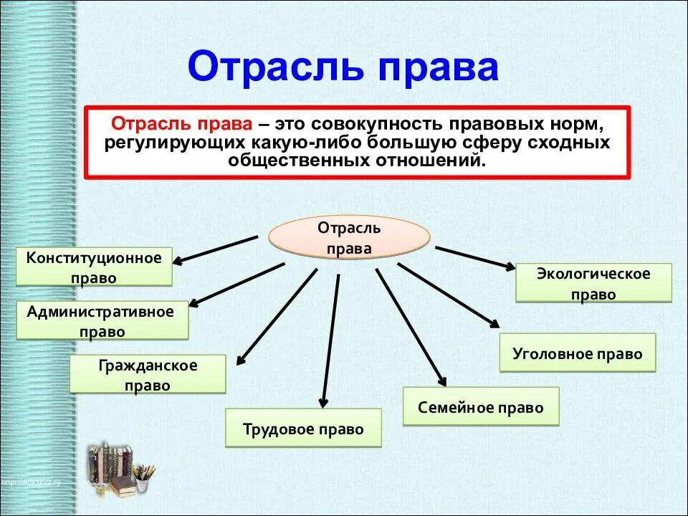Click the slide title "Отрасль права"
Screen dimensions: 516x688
tap(343, 67)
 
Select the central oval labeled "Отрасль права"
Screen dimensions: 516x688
tap(349, 238)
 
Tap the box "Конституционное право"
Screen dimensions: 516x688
tap(94, 267)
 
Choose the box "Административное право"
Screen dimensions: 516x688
tap(102, 321)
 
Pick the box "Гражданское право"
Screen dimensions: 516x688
tap(148, 375)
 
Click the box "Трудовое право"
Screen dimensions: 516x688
tap(303, 429)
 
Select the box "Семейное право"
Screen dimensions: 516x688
tap(480, 407)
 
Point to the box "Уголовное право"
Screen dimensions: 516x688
tap(577, 353)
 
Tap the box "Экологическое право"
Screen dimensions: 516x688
tap(593, 283)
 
